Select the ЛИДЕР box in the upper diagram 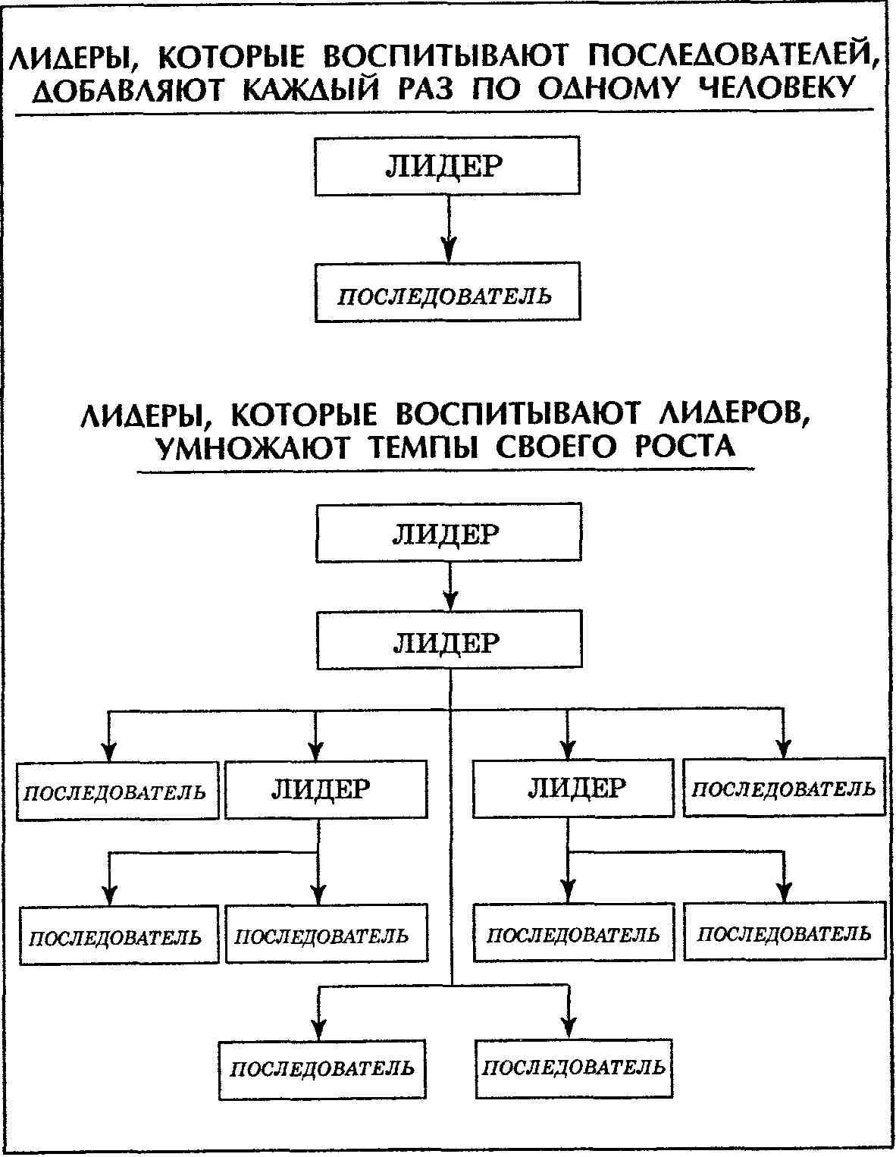447,166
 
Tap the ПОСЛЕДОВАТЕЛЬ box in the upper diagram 447,293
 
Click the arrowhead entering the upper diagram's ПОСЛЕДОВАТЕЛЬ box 449,250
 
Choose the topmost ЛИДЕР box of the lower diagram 448,533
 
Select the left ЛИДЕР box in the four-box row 326,790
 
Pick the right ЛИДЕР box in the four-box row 573,789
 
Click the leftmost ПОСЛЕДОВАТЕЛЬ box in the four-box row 117,792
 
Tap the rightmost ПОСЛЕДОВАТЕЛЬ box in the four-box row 784,789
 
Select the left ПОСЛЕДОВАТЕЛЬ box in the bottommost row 322,1069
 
